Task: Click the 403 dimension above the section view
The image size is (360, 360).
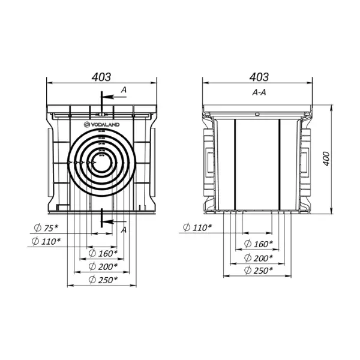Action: click(x=259, y=77)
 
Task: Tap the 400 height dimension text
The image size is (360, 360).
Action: click(x=326, y=159)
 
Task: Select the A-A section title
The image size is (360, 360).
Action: click(x=259, y=93)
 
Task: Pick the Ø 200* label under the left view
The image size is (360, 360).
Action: click(x=103, y=266)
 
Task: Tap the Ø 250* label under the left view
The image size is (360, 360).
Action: click(x=103, y=279)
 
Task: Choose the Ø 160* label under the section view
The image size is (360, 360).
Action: click(x=258, y=244)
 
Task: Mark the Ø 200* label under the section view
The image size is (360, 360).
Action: click(x=258, y=257)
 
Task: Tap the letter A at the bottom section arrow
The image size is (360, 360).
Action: click(x=124, y=230)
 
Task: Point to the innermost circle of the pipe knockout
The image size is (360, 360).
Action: click(x=103, y=162)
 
